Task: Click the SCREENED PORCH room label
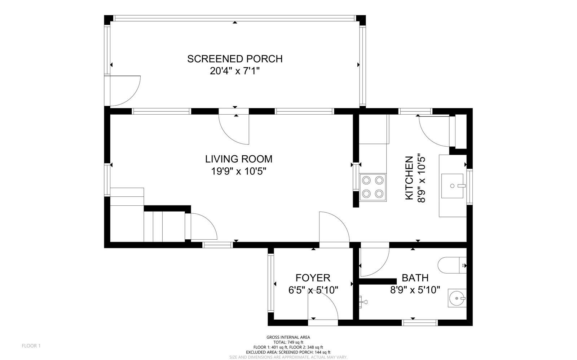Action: pyautogui.click(x=235, y=59)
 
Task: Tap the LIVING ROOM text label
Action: pyautogui.click(x=239, y=159)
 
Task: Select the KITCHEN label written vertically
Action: pyautogui.click(x=409, y=178)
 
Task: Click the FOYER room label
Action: pyautogui.click(x=313, y=278)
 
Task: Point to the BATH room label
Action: pyautogui.click(x=415, y=278)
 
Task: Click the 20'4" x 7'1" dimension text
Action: pyautogui.click(x=235, y=71)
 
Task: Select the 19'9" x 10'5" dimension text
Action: pyautogui.click(x=239, y=171)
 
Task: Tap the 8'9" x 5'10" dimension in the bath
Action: pyautogui.click(x=415, y=290)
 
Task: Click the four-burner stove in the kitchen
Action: pyautogui.click(x=373, y=187)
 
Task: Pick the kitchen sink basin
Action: pyautogui.click(x=452, y=186)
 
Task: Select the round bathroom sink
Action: pyautogui.click(x=457, y=298)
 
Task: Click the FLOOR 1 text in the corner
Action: pyautogui.click(x=31, y=346)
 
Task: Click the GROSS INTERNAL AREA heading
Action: pyautogui.click(x=288, y=337)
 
